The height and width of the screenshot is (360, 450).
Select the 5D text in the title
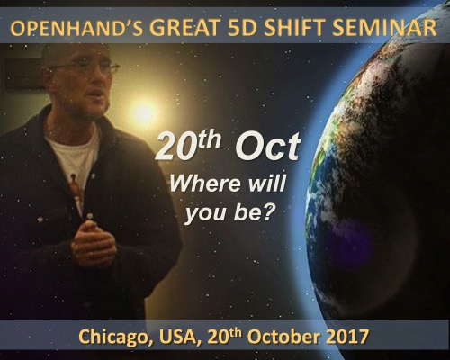pyautogui.click(x=241, y=27)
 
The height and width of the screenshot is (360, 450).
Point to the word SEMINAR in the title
pyautogui.click(x=384, y=27)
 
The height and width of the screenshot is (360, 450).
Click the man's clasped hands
pyautogui.click(x=93, y=244)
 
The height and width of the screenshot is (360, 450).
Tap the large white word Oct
pyautogui.click(x=267, y=148)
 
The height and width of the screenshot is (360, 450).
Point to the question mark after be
pyautogui.click(x=269, y=211)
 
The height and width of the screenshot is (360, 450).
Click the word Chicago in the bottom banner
pyautogui.click(x=117, y=337)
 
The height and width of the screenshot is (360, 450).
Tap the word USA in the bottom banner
pyautogui.click(x=178, y=337)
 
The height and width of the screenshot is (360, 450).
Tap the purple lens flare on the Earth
pyautogui.click(x=349, y=240)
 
